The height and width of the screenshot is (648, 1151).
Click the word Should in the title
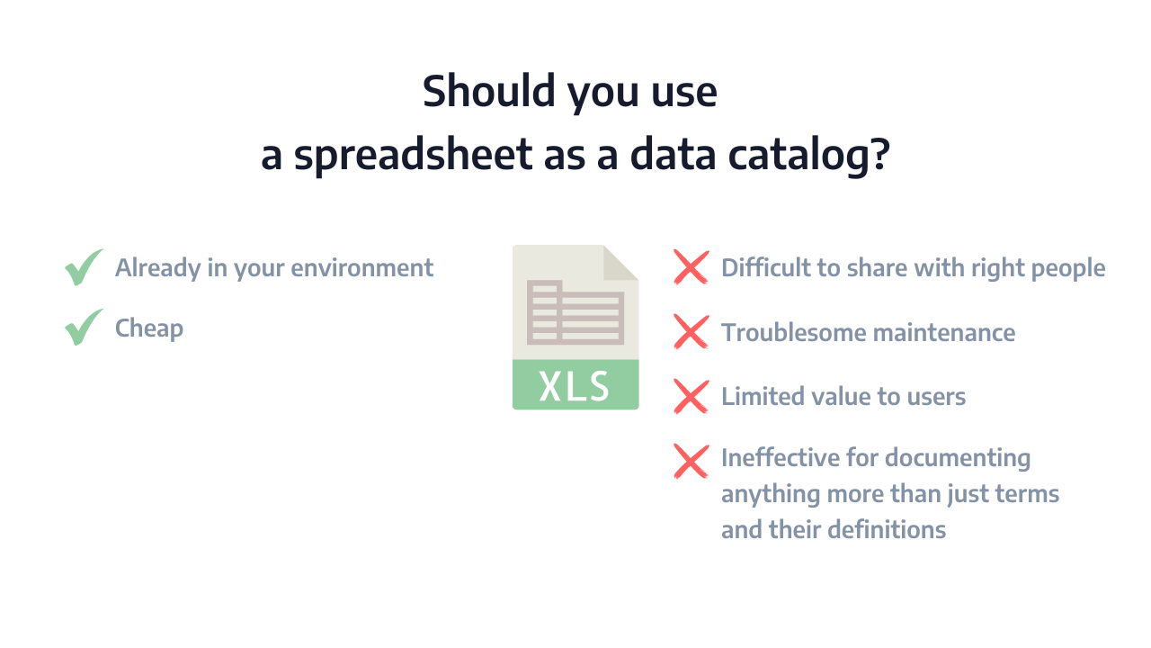pyautogui.click(x=489, y=91)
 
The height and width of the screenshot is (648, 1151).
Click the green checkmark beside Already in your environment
pyautogui.click(x=84, y=267)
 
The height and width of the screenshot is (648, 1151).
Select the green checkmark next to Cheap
pyautogui.click(x=84, y=327)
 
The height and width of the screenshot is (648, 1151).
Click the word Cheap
pyautogui.click(x=149, y=328)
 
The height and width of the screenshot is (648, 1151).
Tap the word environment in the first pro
pyautogui.click(x=361, y=268)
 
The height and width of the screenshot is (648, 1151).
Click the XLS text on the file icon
pyautogui.click(x=574, y=386)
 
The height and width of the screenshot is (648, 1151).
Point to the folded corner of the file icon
pyautogui.click(x=620, y=264)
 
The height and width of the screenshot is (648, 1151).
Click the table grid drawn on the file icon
pyautogui.click(x=575, y=312)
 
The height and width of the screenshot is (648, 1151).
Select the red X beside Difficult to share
pyautogui.click(x=691, y=267)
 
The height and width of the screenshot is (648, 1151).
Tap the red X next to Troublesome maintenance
pyautogui.click(x=691, y=332)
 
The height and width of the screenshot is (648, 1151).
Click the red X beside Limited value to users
pyautogui.click(x=691, y=397)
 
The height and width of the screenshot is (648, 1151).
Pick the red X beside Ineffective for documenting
pyautogui.click(x=691, y=462)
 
